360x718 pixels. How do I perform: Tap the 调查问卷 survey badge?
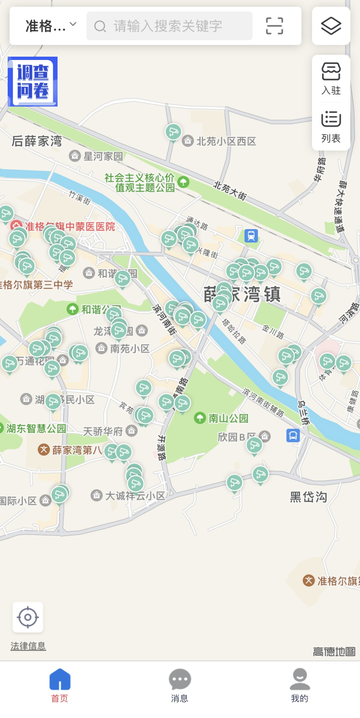(33, 82)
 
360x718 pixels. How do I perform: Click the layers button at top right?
(331, 26)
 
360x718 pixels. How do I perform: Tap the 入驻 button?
(331, 79)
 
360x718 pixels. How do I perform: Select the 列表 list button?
(331, 127)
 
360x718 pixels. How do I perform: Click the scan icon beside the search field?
(274, 26)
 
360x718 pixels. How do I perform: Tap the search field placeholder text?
(168, 26)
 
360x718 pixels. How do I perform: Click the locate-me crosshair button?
(28, 617)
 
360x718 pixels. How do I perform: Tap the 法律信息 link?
(28, 646)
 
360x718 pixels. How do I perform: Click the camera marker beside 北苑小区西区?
(173, 132)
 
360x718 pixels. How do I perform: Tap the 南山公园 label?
(228, 418)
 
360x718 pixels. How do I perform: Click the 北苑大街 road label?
(230, 191)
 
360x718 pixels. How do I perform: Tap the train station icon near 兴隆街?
(251, 236)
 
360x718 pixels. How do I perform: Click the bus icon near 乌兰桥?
(293, 435)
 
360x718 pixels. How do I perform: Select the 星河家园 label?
(103, 156)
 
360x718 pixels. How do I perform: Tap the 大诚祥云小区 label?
(135, 496)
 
